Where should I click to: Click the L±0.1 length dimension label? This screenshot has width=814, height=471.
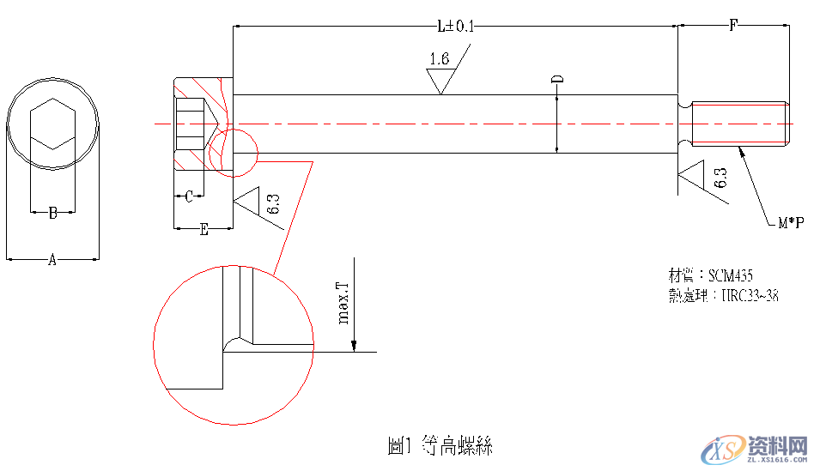click(455, 27)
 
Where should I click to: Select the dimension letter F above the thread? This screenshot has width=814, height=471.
click(732, 26)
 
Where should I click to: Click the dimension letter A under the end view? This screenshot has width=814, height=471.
click(52, 260)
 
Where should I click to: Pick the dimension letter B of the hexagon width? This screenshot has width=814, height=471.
click(52, 214)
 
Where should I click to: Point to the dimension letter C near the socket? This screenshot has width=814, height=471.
click(189, 197)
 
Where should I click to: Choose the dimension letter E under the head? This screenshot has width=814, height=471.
click(203, 230)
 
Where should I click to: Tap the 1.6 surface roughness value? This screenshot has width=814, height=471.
click(439, 59)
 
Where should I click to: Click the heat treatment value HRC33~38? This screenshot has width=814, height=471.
click(749, 296)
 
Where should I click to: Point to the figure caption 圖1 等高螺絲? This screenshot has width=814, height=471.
click(440, 446)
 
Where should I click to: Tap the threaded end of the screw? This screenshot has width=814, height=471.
click(739, 124)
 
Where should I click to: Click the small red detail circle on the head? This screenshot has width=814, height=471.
click(232, 153)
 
